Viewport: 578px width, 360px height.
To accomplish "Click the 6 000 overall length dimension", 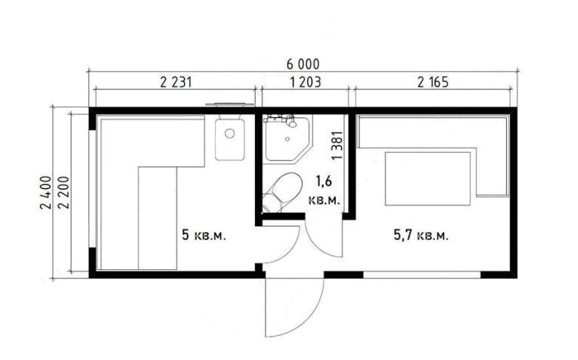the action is pyautogui.click(x=303, y=64).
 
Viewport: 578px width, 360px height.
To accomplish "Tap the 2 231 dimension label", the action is pyautogui.click(x=176, y=82).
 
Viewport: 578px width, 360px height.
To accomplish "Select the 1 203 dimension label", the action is pyautogui.click(x=306, y=82).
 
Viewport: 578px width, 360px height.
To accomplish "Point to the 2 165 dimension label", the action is pyautogui.click(x=433, y=82).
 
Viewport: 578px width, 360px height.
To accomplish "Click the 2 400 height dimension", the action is pyautogui.click(x=46, y=192).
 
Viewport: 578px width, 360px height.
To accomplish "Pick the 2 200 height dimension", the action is pyautogui.click(x=64, y=192).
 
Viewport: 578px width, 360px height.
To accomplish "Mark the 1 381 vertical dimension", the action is pyautogui.click(x=337, y=145).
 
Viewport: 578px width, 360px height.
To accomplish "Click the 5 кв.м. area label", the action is pyautogui.click(x=204, y=234).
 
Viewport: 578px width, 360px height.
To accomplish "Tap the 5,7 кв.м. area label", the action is pyautogui.click(x=421, y=234).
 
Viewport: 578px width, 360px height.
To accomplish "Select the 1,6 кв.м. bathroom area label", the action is pyautogui.click(x=324, y=190).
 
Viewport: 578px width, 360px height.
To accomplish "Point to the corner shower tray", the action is pyautogui.click(x=289, y=138).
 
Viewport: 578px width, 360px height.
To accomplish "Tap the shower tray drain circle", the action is pyautogui.click(x=287, y=139).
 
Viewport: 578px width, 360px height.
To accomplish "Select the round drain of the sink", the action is pyautogui.click(x=230, y=133).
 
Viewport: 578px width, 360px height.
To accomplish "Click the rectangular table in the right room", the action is pyautogui.click(x=427, y=178).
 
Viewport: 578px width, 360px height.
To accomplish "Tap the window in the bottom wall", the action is pyautogui.click(x=422, y=275).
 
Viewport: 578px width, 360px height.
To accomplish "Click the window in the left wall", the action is pyautogui.click(x=92, y=188).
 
